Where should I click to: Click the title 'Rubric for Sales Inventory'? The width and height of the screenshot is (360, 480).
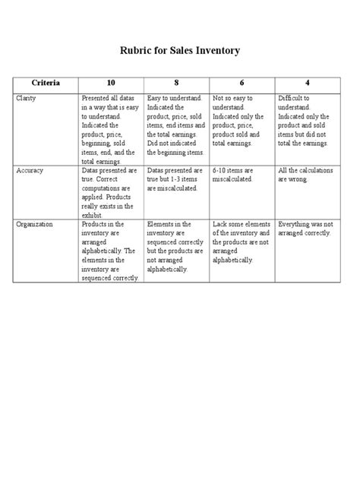tap(181, 52)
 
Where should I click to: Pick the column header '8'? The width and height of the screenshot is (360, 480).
tap(178, 81)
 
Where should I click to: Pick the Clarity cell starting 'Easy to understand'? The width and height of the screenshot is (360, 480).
tap(176, 125)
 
